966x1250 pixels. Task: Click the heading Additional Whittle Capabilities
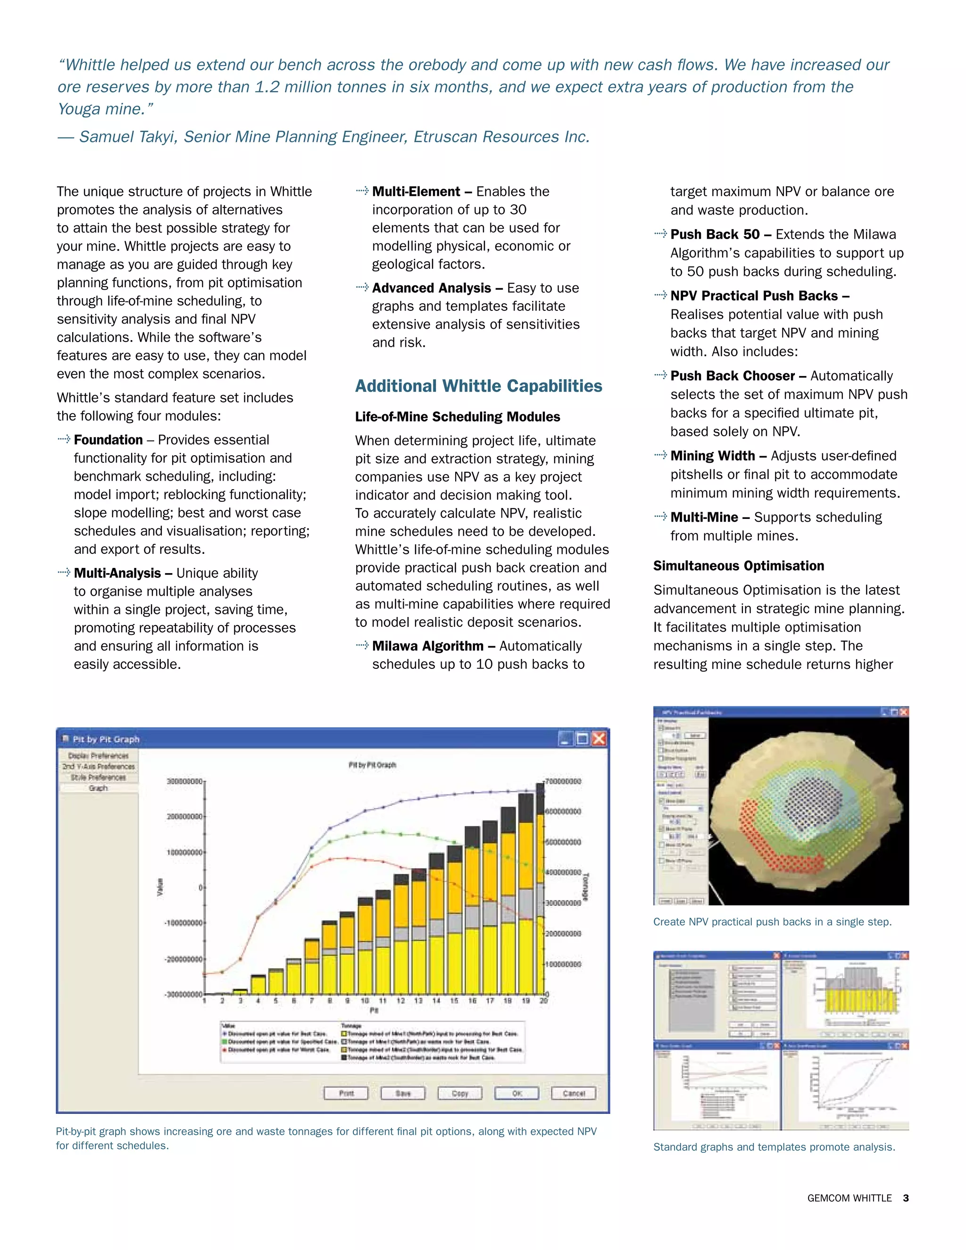coord(478,386)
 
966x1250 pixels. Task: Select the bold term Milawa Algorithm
coord(427,646)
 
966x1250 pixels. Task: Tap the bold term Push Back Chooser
coord(733,376)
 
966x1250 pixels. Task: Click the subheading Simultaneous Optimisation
coord(738,566)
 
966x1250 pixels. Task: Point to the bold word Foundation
coord(108,440)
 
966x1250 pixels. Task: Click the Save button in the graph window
coord(403,1093)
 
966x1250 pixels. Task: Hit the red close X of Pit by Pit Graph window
coord(599,739)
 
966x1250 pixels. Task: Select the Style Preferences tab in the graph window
coord(99,777)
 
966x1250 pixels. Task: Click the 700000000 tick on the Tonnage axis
coord(563,781)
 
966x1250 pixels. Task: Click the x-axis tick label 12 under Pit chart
coord(400,1000)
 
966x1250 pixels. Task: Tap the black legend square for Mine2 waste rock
coord(344,1058)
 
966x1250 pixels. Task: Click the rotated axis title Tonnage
coord(585,887)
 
